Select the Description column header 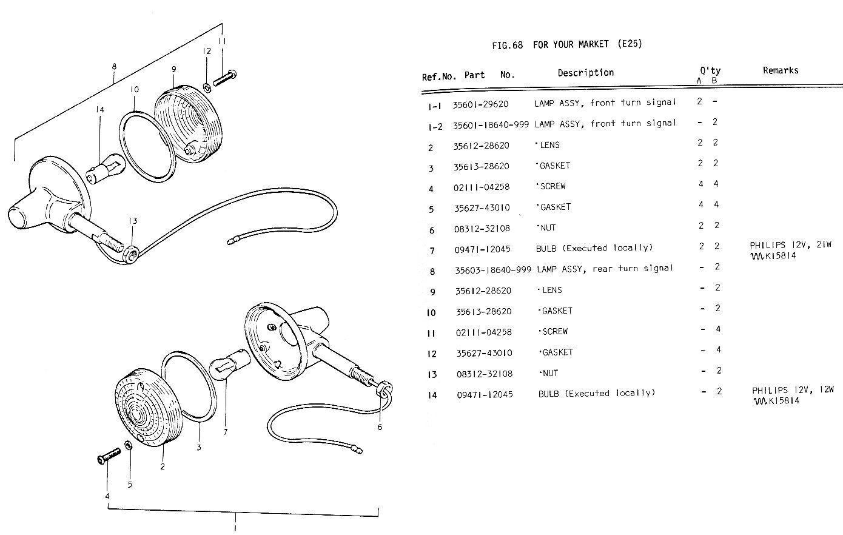(585, 73)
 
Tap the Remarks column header (780, 70)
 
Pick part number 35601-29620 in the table (480, 104)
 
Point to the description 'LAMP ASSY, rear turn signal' (605, 269)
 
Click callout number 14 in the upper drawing (99, 110)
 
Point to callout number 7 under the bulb (225, 432)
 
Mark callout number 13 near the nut (133, 221)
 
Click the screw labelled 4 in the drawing (106, 457)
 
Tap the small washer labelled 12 (207, 87)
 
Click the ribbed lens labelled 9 (187, 121)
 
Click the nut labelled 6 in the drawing (385, 388)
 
